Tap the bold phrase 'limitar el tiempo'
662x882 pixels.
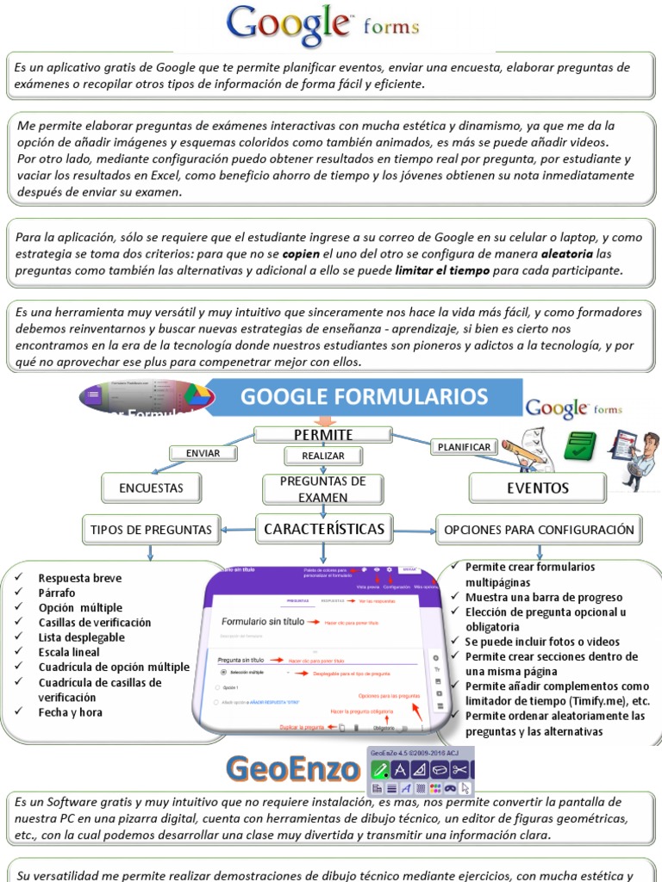pyautogui.click(x=442, y=270)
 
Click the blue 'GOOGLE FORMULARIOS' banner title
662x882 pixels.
pyautogui.click(x=364, y=397)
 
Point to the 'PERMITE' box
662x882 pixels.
pyautogui.click(x=323, y=434)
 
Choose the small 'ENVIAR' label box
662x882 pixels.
pyautogui.click(x=203, y=453)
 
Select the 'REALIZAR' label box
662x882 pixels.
pyautogui.click(x=323, y=456)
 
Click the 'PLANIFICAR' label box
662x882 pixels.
pyautogui.click(x=464, y=447)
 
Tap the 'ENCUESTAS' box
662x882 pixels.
pyautogui.click(x=152, y=488)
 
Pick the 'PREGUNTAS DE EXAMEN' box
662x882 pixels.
pyautogui.click(x=323, y=488)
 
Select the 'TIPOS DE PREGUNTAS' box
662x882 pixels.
pyautogui.click(x=151, y=529)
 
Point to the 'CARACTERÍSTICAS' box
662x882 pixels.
pyautogui.click(x=323, y=528)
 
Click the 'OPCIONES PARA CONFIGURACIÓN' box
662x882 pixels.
pyautogui.click(x=539, y=530)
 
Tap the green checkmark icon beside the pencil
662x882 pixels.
pyautogui.click(x=580, y=444)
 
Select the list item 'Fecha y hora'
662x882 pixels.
pyautogui.click(x=71, y=712)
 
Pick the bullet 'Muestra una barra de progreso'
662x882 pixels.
pyautogui.click(x=544, y=597)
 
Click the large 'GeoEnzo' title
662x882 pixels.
pyautogui.click(x=292, y=768)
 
